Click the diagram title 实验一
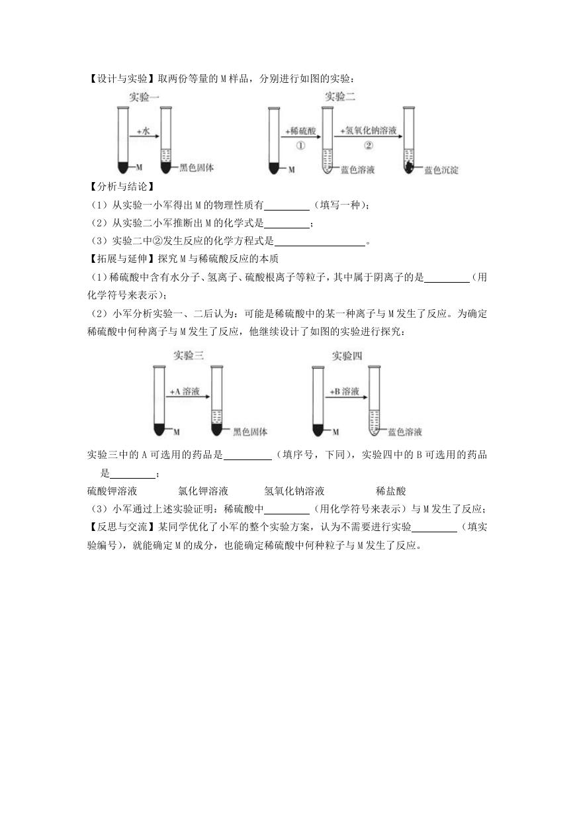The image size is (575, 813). click(x=144, y=97)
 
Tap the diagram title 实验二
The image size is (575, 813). click(x=340, y=97)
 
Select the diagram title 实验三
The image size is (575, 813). click(x=189, y=356)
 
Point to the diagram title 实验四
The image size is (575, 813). click(x=347, y=356)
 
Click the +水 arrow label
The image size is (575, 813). click(x=144, y=131)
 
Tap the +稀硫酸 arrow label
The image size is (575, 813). click(x=301, y=130)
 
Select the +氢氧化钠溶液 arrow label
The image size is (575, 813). click(x=368, y=130)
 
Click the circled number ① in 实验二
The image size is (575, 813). click(x=301, y=146)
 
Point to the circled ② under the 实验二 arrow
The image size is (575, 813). click(x=368, y=146)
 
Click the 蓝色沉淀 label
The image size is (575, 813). click(x=441, y=170)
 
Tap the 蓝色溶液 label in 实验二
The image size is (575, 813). click(x=357, y=169)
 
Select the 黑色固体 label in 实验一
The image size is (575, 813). click(x=197, y=167)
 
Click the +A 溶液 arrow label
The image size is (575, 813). click(x=185, y=391)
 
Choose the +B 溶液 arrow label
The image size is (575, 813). click(x=344, y=391)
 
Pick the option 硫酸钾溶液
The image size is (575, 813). click(x=112, y=491)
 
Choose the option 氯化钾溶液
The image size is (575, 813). click(x=203, y=491)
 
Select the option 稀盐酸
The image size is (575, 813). click(x=390, y=491)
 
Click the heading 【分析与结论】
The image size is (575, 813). click(x=122, y=187)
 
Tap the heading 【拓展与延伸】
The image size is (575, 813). click(x=122, y=259)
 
